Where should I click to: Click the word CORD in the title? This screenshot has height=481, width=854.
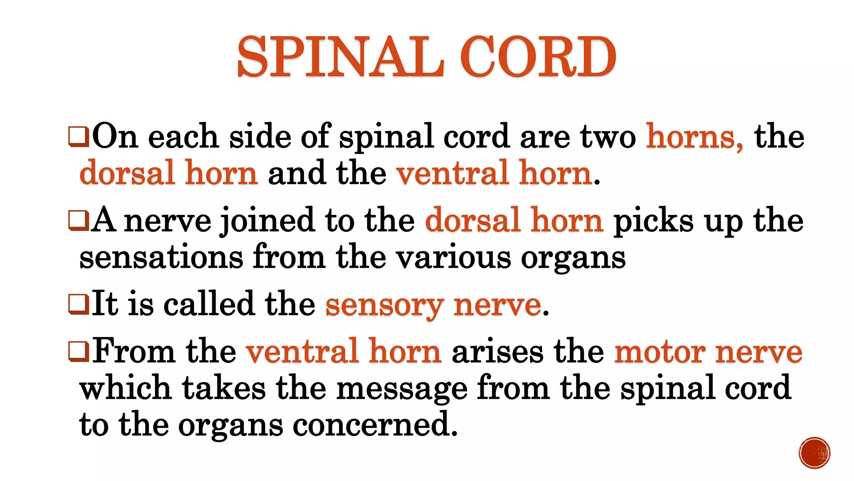[x=538, y=57]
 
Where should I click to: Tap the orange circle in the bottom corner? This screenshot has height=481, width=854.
[x=814, y=453]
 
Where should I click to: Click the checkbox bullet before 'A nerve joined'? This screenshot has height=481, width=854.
[x=78, y=221]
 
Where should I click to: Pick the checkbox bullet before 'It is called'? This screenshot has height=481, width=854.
[x=78, y=304]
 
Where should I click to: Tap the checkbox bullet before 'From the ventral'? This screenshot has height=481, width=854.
[x=78, y=352]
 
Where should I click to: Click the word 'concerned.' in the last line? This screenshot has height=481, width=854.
[x=375, y=425]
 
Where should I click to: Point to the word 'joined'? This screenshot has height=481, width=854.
[x=267, y=221]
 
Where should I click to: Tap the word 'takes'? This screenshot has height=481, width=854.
[x=224, y=388]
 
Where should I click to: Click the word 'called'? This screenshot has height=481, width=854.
[x=208, y=304]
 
